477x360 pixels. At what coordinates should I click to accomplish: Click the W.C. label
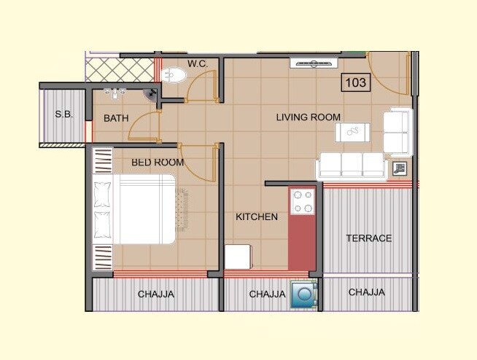198,64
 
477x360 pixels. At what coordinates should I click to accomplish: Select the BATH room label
116,118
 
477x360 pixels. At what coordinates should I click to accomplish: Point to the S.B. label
63,114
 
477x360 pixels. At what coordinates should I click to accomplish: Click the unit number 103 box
355,82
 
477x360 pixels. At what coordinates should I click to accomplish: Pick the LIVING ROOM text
308,117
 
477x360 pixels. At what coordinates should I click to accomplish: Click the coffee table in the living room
354,132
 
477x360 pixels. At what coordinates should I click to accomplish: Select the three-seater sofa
352,165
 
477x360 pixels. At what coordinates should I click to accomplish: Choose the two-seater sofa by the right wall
397,131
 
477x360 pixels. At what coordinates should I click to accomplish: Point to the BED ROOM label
158,162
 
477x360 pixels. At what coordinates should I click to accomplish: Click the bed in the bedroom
134,209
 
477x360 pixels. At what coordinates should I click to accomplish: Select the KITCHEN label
256,216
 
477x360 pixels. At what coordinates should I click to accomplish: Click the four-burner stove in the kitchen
301,202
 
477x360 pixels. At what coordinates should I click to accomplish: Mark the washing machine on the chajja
302,295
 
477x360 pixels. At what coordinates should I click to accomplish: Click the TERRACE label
368,238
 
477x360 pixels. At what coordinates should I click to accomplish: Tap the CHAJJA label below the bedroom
156,294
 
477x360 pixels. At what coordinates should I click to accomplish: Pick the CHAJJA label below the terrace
366,292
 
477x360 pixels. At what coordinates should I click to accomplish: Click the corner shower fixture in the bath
152,93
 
